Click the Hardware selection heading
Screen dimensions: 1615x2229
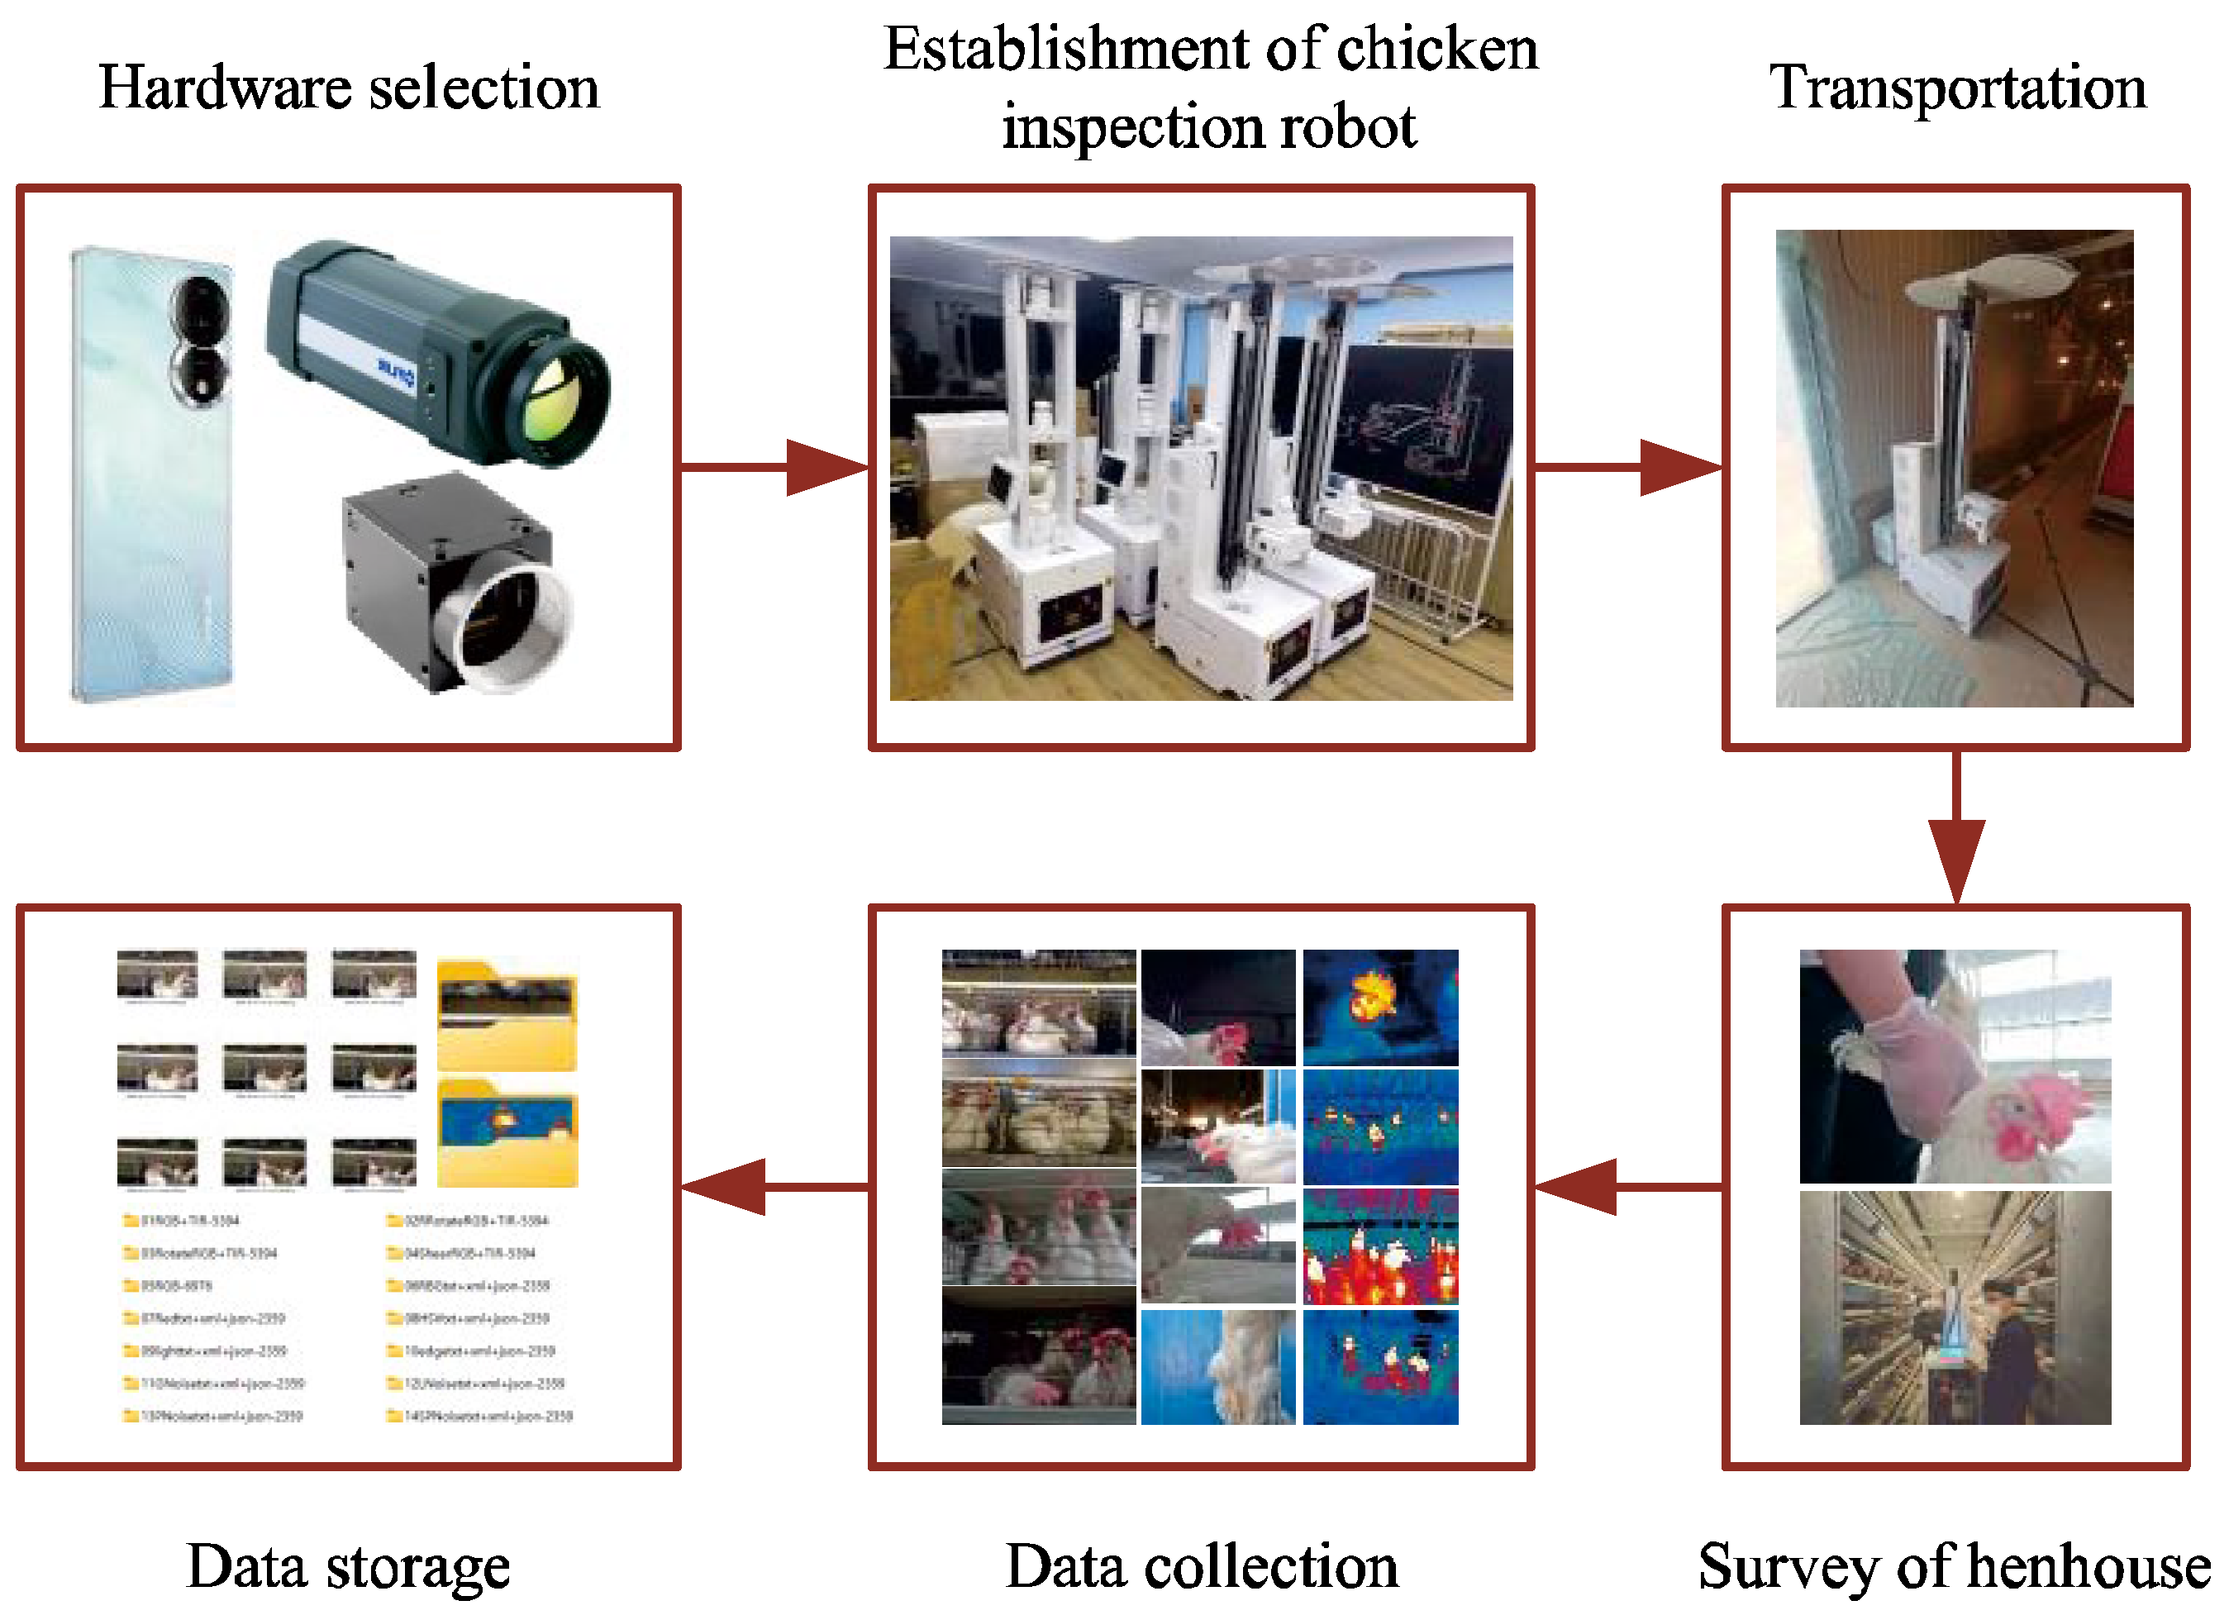tap(349, 88)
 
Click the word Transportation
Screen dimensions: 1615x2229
tap(1958, 88)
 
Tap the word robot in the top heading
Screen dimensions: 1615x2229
tap(1360, 128)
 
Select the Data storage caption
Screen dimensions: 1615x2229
tap(348, 1566)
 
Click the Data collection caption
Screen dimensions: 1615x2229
tap(1201, 1566)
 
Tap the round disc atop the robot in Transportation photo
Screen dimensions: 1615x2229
tap(1980, 280)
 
